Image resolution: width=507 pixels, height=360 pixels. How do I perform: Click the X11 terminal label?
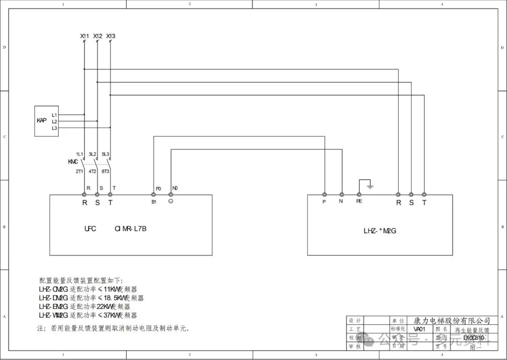coord(84,36)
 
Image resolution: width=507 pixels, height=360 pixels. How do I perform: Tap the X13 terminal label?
coord(111,36)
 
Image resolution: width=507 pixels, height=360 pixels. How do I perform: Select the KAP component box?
coord(46,121)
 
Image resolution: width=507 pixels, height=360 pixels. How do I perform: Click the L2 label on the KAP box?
coord(54,121)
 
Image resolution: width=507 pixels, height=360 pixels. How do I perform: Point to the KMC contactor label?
coord(73,162)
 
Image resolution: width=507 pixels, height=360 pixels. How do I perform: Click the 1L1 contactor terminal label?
coord(80,154)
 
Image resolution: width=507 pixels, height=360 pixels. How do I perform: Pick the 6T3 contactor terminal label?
coord(106,171)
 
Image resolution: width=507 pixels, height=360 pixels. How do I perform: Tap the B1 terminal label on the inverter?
coord(153,202)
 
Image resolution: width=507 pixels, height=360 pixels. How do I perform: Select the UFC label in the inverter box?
coord(90,229)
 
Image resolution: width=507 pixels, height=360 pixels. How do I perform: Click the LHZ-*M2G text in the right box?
coord(380,230)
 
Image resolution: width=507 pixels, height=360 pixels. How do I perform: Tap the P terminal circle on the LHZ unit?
coord(324,194)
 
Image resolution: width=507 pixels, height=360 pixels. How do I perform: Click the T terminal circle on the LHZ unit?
coord(424,194)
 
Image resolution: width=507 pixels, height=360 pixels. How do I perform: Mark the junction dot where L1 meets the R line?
coord(84,114)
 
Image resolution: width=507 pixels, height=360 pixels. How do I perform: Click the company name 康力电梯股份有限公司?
coord(452,321)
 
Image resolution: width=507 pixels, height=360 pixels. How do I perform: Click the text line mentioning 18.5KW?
coord(92,298)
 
